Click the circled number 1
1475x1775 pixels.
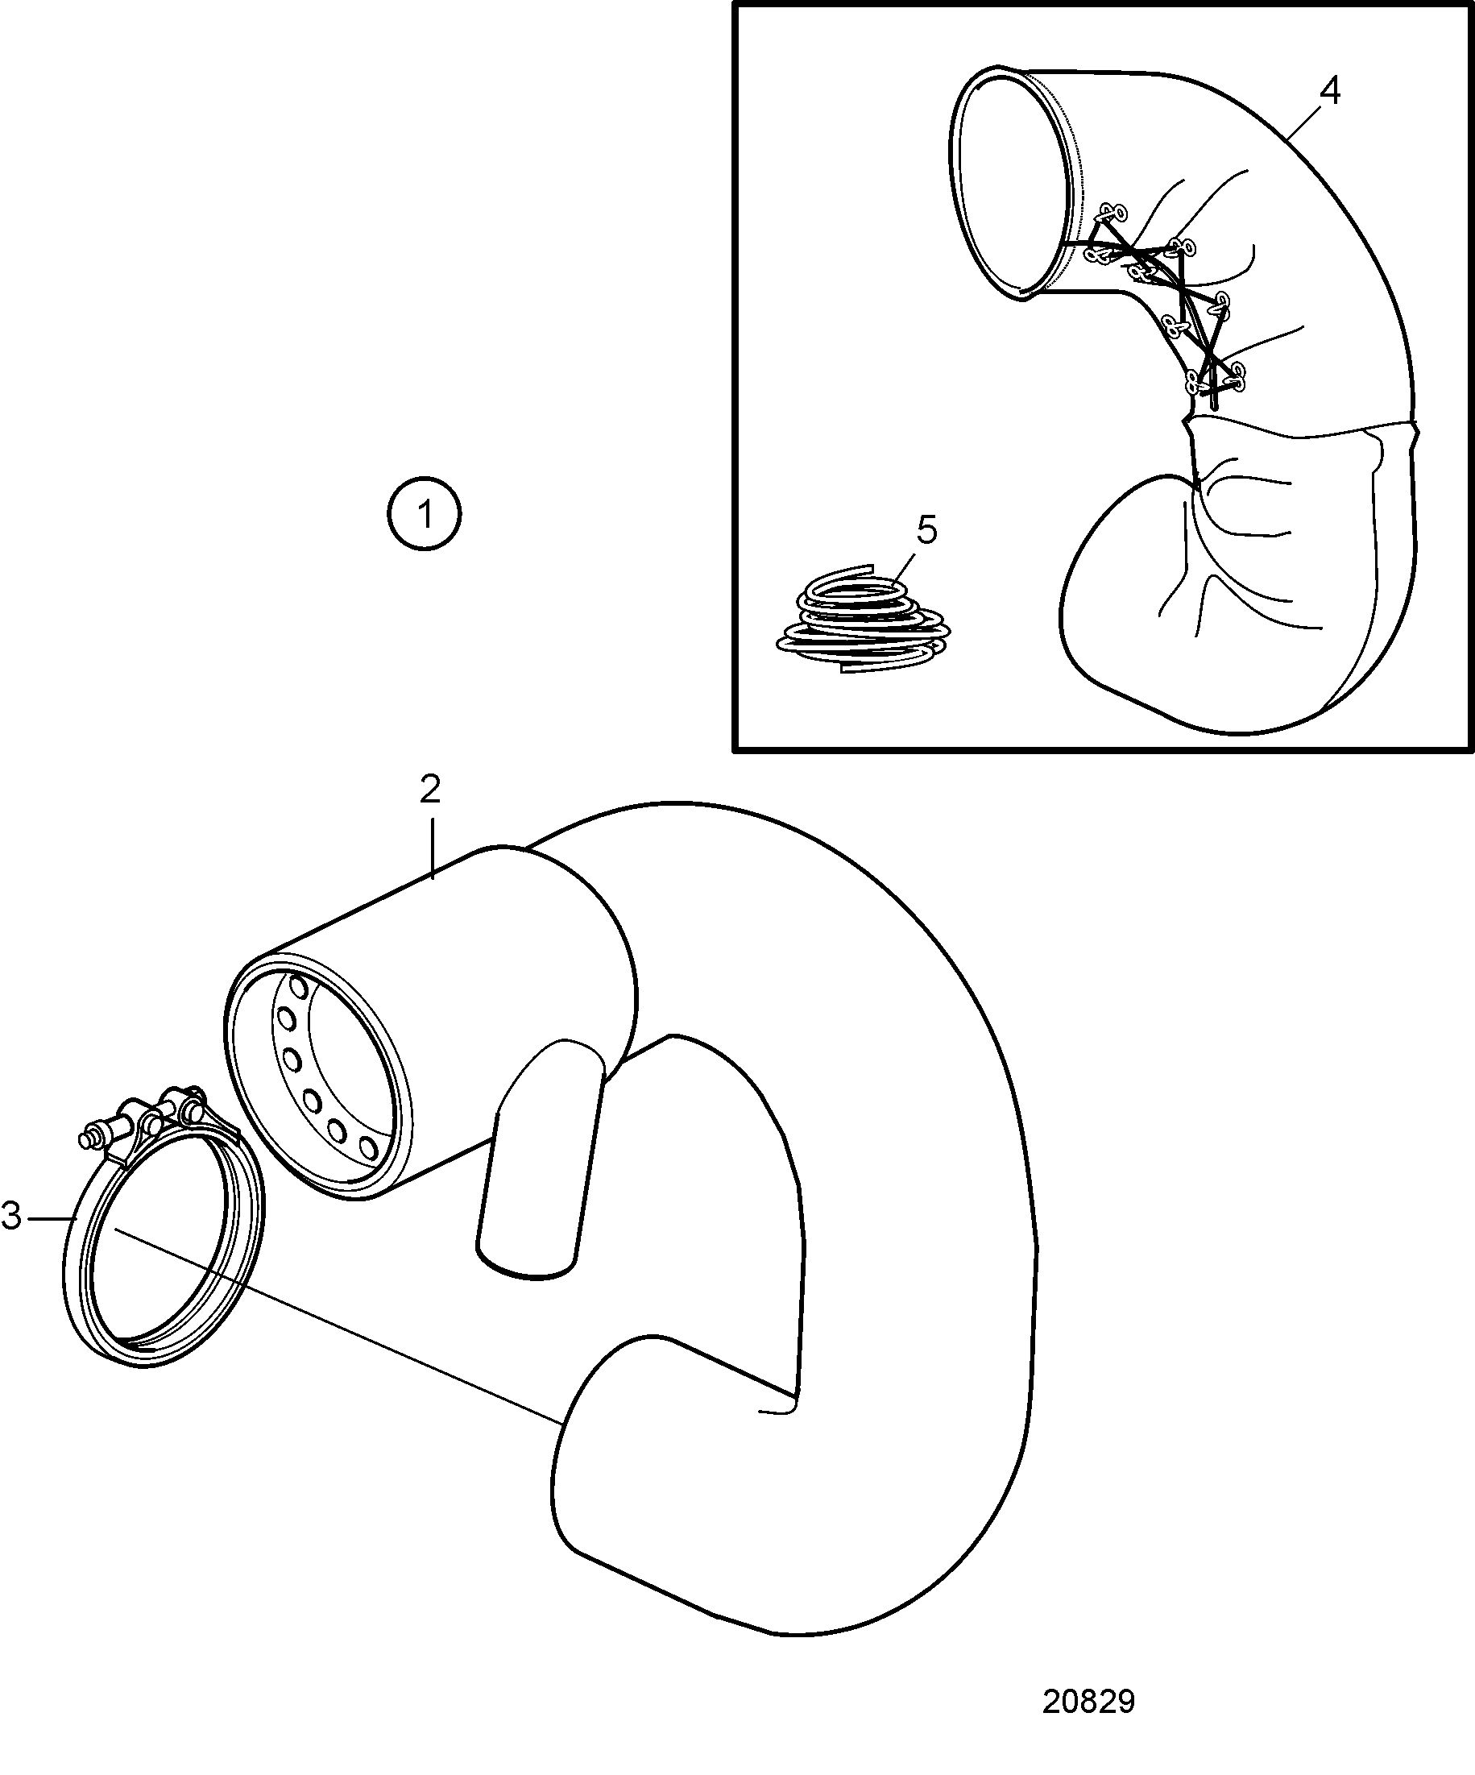click(425, 514)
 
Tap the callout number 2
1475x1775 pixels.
click(430, 790)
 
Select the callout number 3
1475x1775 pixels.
click(11, 1217)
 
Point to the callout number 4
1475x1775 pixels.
click(1330, 91)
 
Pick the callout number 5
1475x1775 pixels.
click(926, 531)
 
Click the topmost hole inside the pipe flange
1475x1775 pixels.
click(297, 986)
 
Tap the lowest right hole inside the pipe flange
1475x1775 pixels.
click(367, 1147)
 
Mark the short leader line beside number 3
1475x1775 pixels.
click(50, 1218)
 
